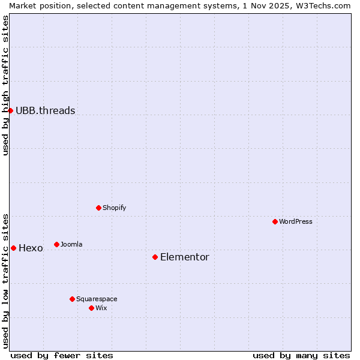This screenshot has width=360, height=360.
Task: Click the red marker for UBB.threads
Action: coord(10,110)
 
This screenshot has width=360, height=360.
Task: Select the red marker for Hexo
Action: coord(13,248)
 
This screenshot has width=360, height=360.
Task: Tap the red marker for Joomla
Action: coord(56,244)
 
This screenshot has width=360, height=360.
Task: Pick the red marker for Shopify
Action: coord(98,208)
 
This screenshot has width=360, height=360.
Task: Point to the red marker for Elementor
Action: coord(155,257)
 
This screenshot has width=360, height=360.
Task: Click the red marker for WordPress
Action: coord(275,221)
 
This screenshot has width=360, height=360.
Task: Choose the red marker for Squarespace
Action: coord(72,299)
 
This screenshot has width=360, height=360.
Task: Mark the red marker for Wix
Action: coord(91,308)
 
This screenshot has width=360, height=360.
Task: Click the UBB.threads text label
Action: coord(46,110)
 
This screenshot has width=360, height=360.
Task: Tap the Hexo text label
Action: coord(31,248)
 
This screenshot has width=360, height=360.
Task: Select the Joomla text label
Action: coord(71,244)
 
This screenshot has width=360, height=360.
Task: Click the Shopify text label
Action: coord(114,208)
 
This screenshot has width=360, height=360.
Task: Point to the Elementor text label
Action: coord(185,257)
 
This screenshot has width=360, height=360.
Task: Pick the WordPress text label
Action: coord(296,221)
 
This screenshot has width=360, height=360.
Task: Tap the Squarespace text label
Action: coord(97,299)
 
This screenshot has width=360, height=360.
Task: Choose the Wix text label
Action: coord(101,308)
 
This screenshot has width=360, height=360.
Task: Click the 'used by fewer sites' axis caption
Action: coord(62,355)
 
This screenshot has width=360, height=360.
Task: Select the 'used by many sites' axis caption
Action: coord(301,355)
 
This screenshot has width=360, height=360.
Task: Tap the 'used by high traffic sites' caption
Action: coord(5,85)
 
